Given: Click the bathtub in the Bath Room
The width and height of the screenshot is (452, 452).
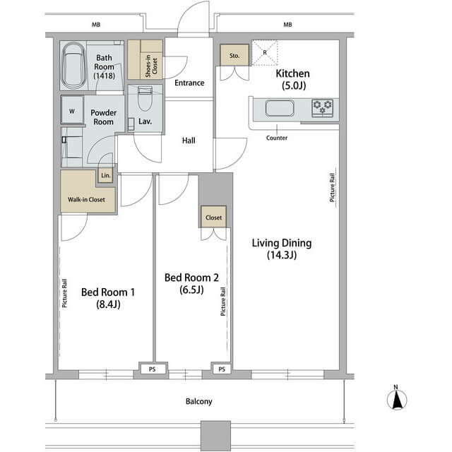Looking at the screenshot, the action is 73,66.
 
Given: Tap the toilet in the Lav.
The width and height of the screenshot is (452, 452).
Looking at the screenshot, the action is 145,98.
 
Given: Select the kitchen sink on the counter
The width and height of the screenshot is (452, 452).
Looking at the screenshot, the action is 280,108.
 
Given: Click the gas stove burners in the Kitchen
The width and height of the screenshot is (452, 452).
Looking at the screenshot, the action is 323,108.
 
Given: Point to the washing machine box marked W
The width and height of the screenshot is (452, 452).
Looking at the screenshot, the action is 72,111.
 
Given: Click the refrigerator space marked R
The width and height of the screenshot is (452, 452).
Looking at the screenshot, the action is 265,53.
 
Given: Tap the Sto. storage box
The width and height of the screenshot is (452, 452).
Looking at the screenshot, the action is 234,55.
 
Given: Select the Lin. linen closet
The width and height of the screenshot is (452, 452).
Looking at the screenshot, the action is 105,176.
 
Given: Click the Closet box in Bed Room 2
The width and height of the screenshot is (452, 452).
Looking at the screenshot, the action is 213,217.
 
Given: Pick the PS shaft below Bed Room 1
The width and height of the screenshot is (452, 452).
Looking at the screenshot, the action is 153,369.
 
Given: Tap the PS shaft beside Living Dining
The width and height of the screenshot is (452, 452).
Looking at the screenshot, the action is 222,369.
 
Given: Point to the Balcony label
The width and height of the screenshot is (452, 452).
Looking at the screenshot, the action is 199,402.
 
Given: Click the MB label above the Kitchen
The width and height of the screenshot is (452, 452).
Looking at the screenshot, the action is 287,25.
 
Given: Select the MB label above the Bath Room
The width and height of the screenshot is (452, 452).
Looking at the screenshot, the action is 96,25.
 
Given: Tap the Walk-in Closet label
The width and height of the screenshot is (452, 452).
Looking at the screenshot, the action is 86,199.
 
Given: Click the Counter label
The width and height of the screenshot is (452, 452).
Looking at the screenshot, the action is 277,138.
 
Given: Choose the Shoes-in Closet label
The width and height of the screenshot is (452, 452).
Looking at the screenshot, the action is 151,66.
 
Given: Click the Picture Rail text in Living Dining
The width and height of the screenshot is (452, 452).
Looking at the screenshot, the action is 332,187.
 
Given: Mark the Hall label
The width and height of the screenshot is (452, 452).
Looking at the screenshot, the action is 189,141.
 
